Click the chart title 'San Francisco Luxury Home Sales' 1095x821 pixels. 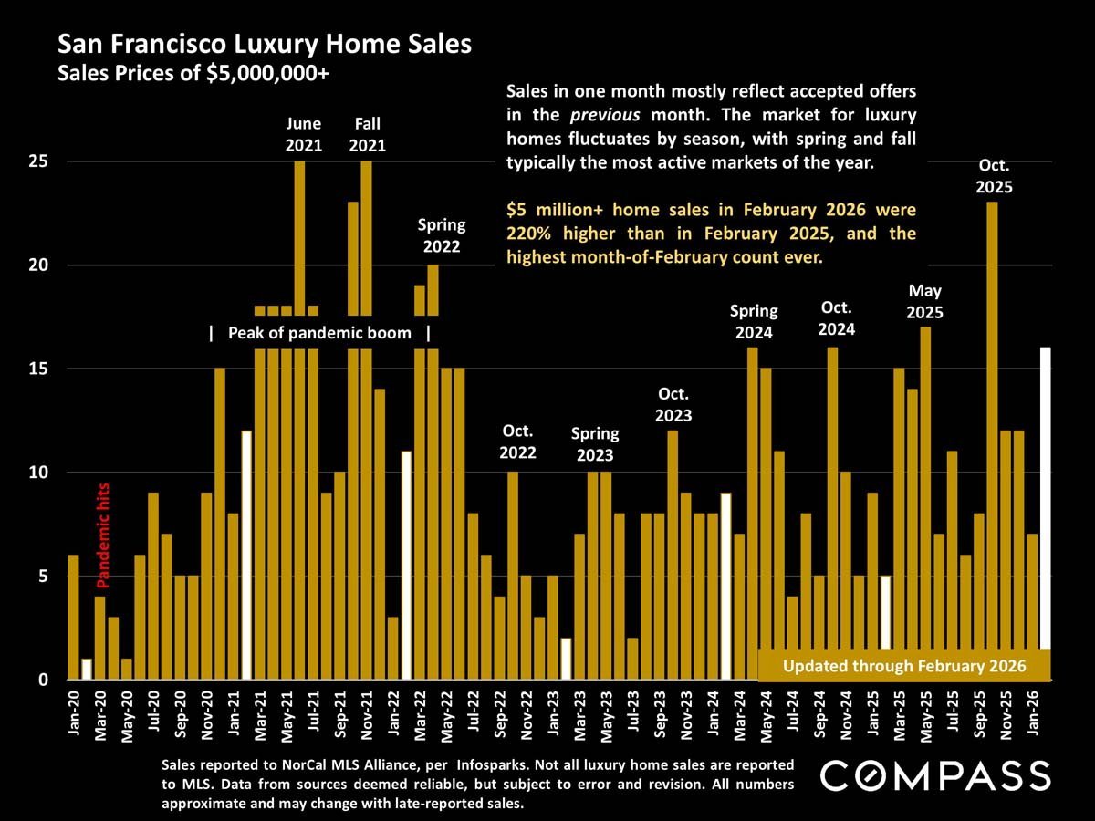pyautogui.click(x=264, y=44)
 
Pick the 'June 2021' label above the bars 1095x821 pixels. pyautogui.click(x=303, y=134)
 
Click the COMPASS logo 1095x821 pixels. pyautogui.click(x=935, y=776)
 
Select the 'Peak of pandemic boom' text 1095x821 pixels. pyautogui.click(x=319, y=333)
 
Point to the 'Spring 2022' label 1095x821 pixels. pyautogui.click(x=442, y=234)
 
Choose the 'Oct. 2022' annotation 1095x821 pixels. pyautogui.click(x=517, y=442)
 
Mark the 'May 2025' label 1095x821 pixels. pyautogui.click(x=925, y=301)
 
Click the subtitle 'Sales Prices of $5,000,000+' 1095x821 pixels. pyautogui.click(x=193, y=74)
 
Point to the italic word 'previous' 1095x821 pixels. pyautogui.click(x=599, y=116)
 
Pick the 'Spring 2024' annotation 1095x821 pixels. pyautogui.click(x=754, y=322)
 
